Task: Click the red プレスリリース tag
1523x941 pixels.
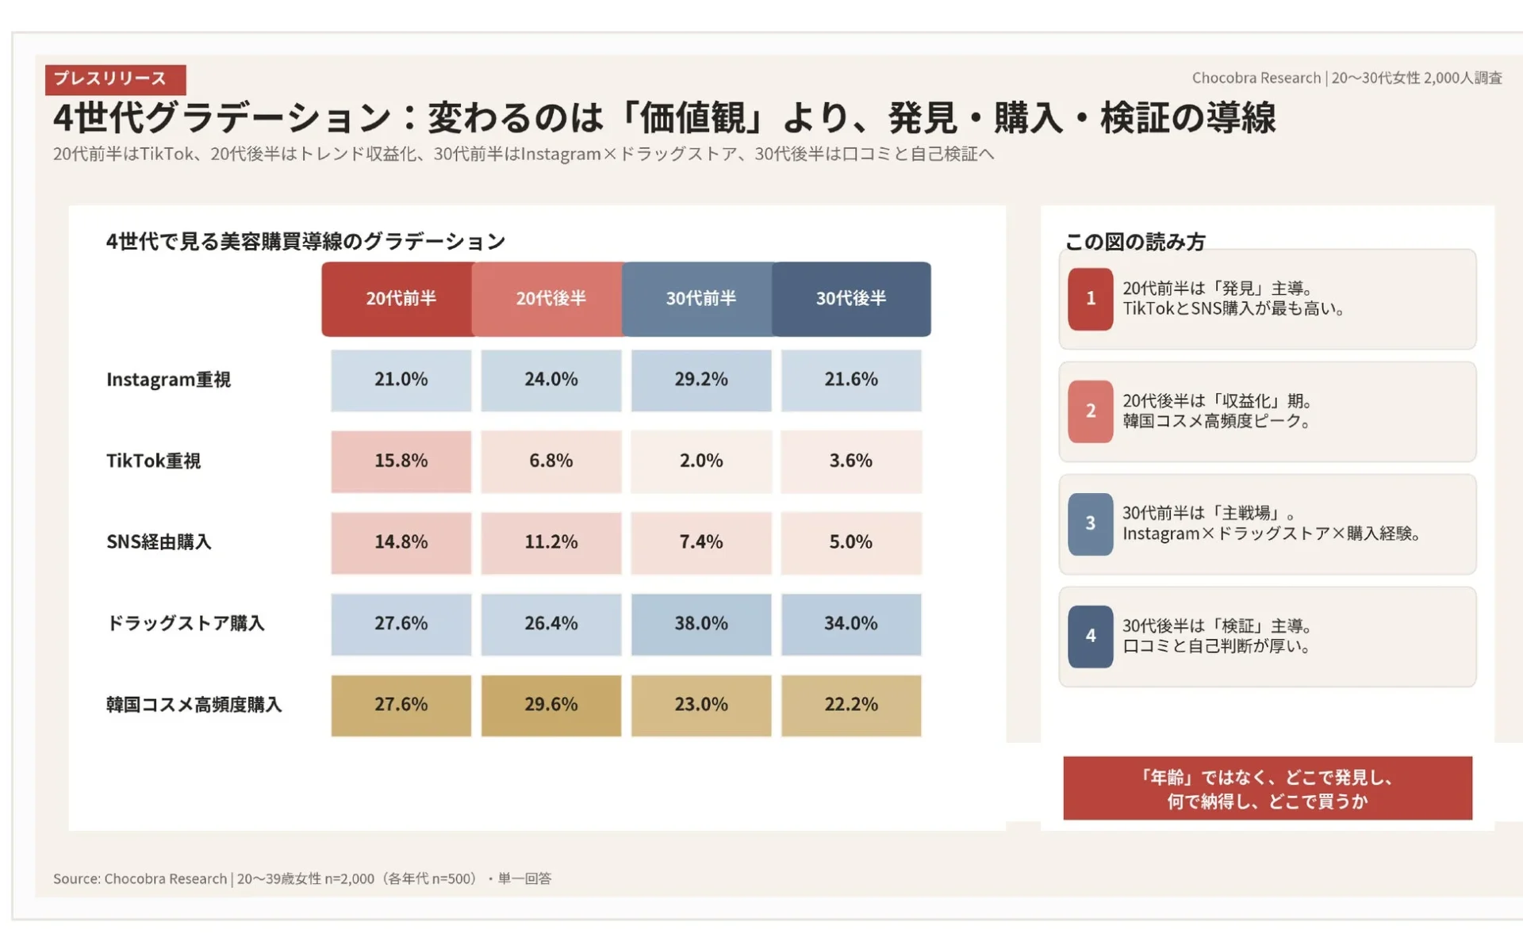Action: (x=115, y=79)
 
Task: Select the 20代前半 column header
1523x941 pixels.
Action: (x=400, y=299)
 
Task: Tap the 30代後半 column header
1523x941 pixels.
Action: (x=850, y=299)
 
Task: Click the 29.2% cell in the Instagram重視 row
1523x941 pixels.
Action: (x=700, y=380)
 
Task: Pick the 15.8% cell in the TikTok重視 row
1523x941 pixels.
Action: (x=401, y=461)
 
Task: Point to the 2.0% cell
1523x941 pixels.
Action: (x=700, y=461)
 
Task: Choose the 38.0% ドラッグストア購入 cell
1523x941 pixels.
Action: (x=700, y=624)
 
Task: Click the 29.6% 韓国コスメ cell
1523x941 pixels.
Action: (x=551, y=705)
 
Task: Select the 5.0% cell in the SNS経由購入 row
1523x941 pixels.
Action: (x=850, y=542)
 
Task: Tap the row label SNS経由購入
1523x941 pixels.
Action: (x=159, y=542)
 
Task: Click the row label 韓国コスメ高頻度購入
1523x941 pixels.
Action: (x=194, y=705)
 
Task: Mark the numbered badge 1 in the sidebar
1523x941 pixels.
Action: (x=1090, y=299)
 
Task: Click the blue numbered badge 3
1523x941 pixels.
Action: (x=1090, y=523)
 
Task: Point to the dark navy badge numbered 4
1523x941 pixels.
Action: (x=1090, y=636)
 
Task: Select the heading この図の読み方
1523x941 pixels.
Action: (x=1134, y=242)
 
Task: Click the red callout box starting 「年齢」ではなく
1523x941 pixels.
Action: (x=1267, y=788)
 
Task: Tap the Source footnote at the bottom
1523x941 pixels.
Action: (x=301, y=878)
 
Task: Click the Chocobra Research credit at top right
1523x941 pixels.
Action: (x=1346, y=78)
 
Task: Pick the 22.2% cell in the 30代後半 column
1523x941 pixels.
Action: (x=850, y=705)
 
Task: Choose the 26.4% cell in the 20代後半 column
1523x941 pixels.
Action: (x=551, y=624)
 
